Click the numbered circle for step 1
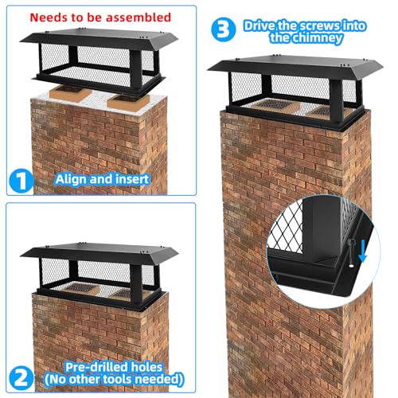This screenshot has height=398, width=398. tap(21, 181)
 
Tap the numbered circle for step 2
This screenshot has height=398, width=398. tap(21, 378)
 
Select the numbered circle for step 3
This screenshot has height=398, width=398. tap(224, 29)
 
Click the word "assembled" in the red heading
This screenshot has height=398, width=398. tap(139, 18)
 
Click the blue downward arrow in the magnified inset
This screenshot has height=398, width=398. tap(362, 250)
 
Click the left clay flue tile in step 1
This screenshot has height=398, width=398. tap(71, 93)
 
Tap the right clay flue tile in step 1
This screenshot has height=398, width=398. tap(128, 102)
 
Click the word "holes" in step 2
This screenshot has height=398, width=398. tap(147, 367)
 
